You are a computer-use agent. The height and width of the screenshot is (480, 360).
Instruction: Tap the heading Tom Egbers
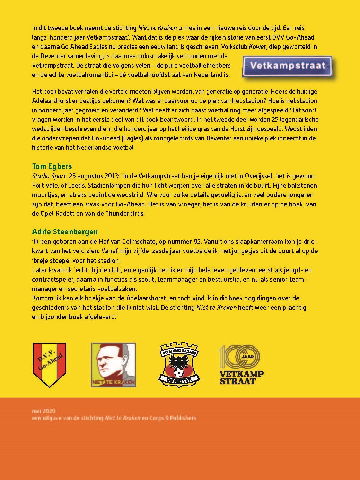pyautogui.click(x=52, y=166)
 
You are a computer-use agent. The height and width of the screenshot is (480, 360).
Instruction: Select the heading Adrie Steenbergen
pyautogui.click(x=65, y=232)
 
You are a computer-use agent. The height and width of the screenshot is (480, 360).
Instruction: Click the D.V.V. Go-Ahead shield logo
pyautogui.click(x=49, y=365)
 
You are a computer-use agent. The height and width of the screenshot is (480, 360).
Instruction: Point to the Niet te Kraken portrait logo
pyautogui.click(x=113, y=365)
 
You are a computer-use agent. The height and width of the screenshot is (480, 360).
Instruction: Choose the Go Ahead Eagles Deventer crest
pyautogui.click(x=179, y=365)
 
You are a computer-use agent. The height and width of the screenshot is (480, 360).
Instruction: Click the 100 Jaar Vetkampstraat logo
pyautogui.click(x=242, y=365)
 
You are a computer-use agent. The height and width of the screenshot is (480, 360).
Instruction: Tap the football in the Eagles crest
pyautogui.click(x=179, y=372)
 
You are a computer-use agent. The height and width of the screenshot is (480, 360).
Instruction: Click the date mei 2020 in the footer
pyautogui.click(x=43, y=411)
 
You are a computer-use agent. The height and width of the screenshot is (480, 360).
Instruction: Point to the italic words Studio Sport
pyautogui.click(x=49, y=176)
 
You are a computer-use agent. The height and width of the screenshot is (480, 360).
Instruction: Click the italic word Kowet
pyautogui.click(x=257, y=47)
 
